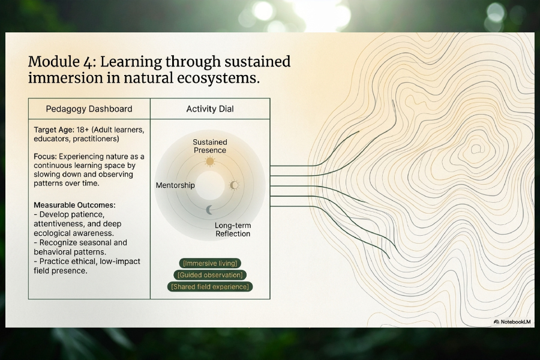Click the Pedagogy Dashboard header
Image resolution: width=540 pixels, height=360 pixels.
pos(89,109)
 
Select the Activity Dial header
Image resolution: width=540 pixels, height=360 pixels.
pos(210,109)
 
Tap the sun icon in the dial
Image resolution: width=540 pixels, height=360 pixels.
pos(210,161)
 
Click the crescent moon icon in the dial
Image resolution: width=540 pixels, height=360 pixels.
pos(209,210)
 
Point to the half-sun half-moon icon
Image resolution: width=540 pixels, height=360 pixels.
pos(234,185)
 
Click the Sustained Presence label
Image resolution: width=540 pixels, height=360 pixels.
pos(210,146)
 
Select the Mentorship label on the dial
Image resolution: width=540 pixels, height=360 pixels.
pos(175,185)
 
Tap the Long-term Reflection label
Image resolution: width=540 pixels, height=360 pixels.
pos(233,229)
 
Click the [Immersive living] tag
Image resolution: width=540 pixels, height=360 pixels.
pos(210,263)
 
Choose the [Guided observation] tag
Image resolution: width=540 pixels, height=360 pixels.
pos(210,275)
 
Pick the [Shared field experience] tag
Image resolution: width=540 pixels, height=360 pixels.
pos(210,287)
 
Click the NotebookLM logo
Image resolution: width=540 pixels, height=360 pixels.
pos(512,322)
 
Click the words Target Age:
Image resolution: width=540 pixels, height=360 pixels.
pos(54,130)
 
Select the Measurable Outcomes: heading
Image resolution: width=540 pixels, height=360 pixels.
pos(75,205)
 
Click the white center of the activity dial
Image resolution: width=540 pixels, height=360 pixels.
pos(210,185)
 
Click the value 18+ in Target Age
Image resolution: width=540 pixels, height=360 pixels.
pos(83,130)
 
